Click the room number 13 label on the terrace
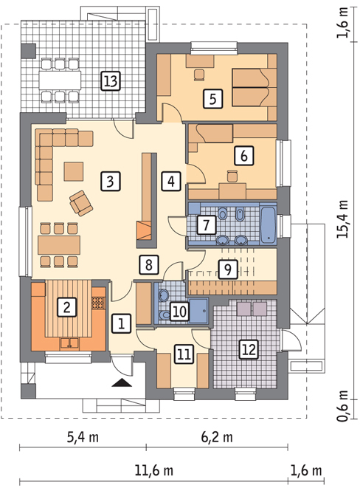pyautogui.click(x=111, y=81)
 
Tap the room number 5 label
pyautogui.click(x=212, y=99)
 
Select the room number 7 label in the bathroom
pyautogui.click(x=207, y=224)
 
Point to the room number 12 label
pyautogui.click(x=249, y=349)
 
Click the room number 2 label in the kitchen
pyautogui.click(x=67, y=307)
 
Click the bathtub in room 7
pyautogui.click(x=268, y=224)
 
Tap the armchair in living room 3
pyautogui.click(x=81, y=203)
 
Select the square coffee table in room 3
pyautogui.click(x=74, y=171)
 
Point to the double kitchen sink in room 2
pyautogui.click(x=69, y=343)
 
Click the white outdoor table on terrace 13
pyautogui.click(x=60, y=80)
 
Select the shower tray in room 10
pyautogui.click(x=198, y=311)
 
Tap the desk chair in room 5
pyautogui.click(x=199, y=75)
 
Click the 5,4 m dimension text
pyautogui.click(x=83, y=437)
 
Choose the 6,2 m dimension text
pyautogui.click(x=217, y=437)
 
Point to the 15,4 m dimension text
pyautogui.click(x=343, y=219)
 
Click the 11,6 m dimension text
pyautogui.click(x=154, y=470)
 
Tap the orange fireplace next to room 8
pyautogui.click(x=144, y=230)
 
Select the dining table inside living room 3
pyautogui.click(x=59, y=245)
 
